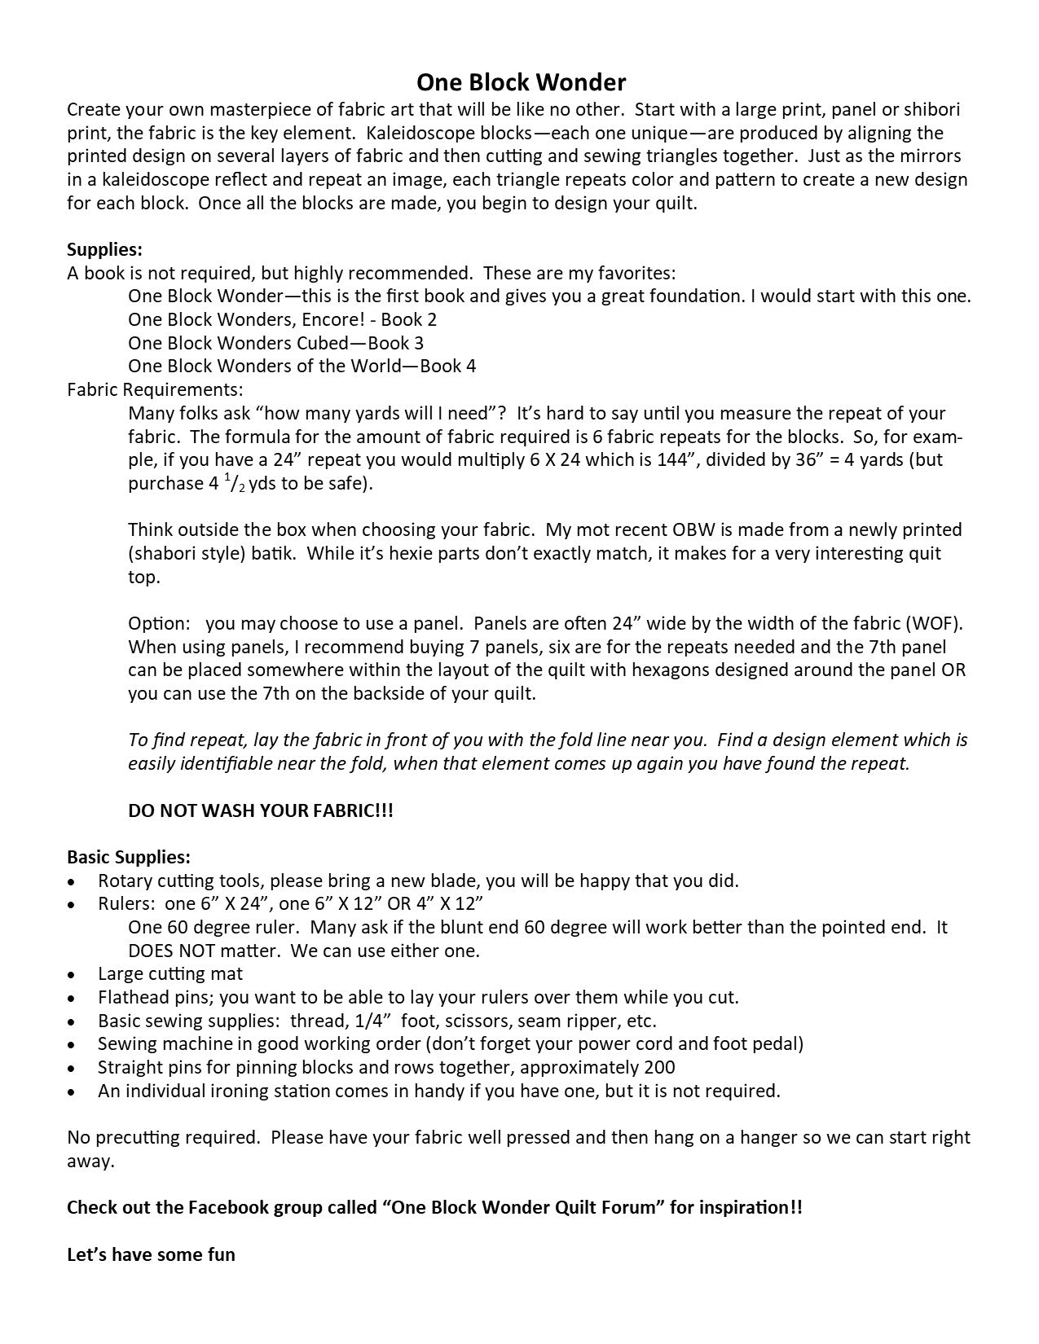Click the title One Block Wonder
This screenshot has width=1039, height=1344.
[x=521, y=82]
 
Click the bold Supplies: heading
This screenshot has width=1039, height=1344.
[x=104, y=249]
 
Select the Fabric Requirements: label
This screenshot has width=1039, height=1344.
[x=155, y=389]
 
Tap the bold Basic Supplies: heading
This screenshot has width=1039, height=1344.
[x=129, y=857]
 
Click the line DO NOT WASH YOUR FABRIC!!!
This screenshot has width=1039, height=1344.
[x=261, y=810]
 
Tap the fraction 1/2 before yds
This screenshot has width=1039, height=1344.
[x=235, y=484]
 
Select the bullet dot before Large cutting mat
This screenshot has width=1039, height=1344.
[x=73, y=974]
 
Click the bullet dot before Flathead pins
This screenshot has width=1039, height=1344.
[x=73, y=998]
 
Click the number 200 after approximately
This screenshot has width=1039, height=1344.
[x=659, y=1067]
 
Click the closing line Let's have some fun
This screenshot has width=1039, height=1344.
[x=151, y=1254]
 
